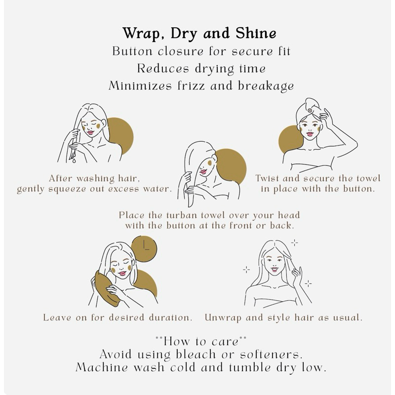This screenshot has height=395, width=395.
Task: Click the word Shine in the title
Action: [256, 33]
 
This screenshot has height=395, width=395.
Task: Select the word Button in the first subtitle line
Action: [132, 51]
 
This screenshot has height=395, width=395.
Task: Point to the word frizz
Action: [192, 85]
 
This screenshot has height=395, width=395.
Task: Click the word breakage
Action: [266, 86]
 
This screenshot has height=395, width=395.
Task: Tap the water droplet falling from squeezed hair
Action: [74, 159]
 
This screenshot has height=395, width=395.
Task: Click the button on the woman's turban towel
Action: [310, 110]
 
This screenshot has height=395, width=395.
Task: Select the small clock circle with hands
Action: [144, 249]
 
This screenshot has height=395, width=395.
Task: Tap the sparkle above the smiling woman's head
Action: [294, 243]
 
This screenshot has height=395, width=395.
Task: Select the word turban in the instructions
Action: [182, 215]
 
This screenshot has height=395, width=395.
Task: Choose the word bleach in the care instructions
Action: [196, 355]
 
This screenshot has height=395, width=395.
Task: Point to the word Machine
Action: [102, 367]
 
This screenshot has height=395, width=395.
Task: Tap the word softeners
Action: [271, 355]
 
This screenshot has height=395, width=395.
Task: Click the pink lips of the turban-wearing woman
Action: [310, 134]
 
